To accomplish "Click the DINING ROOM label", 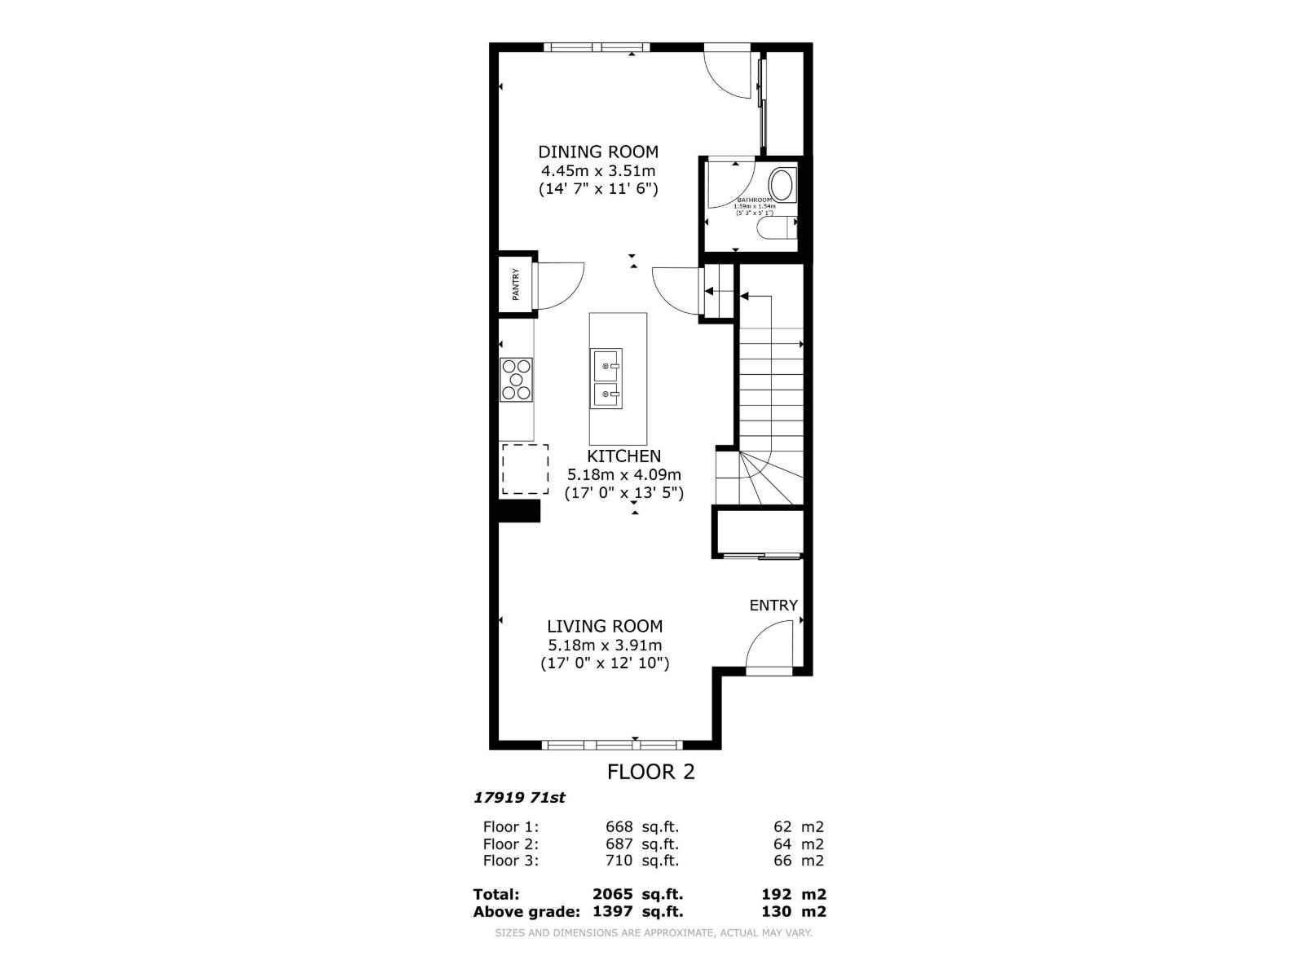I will [x=598, y=152].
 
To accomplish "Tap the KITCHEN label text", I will [x=623, y=456].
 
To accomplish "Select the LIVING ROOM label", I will [x=604, y=626].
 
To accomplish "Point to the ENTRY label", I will [x=773, y=605].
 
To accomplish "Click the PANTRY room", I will [x=516, y=284].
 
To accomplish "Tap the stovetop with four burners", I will [x=517, y=380].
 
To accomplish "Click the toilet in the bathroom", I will [x=775, y=229].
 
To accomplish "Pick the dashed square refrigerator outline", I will [x=525, y=469].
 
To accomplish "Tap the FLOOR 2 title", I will [x=651, y=772].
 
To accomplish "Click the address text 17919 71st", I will [x=519, y=798].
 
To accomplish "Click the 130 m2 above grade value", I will [x=793, y=911].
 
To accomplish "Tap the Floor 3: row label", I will [x=511, y=861].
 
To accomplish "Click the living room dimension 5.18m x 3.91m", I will [x=605, y=645].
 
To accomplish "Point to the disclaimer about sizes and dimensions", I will [x=653, y=933].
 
